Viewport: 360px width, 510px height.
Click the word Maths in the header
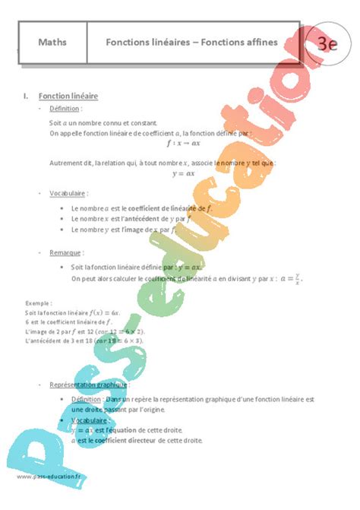pos(52,43)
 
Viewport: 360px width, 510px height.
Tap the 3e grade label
pos(327,43)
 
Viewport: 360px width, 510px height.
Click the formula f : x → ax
pos(183,142)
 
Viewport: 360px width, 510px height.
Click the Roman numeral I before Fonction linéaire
pos(25,97)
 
